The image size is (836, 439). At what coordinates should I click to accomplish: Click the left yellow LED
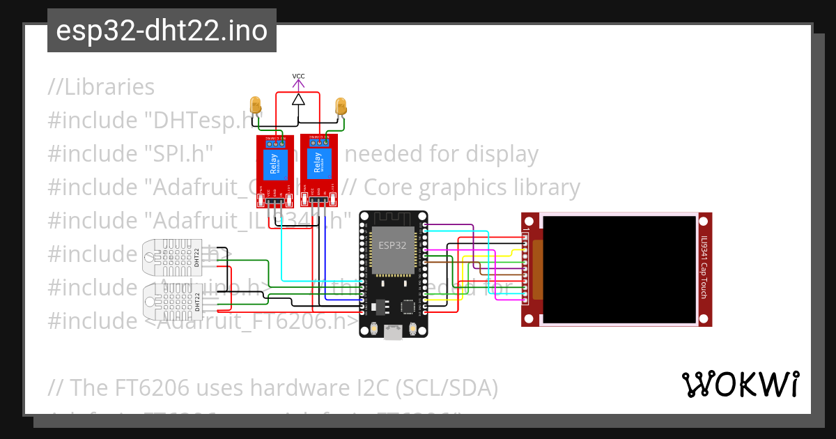256,105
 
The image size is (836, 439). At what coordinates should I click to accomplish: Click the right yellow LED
341,105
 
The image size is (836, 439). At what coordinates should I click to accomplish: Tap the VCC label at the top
298,76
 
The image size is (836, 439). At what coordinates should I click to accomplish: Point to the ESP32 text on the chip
392,245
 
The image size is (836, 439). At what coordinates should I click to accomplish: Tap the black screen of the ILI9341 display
619,269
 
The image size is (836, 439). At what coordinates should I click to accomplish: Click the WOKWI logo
740,384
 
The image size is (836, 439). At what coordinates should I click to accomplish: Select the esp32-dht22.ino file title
162,31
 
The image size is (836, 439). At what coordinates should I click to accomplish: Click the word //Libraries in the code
102,87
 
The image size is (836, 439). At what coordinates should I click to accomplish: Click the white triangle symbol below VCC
298,99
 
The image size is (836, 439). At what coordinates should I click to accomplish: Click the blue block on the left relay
271,164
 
